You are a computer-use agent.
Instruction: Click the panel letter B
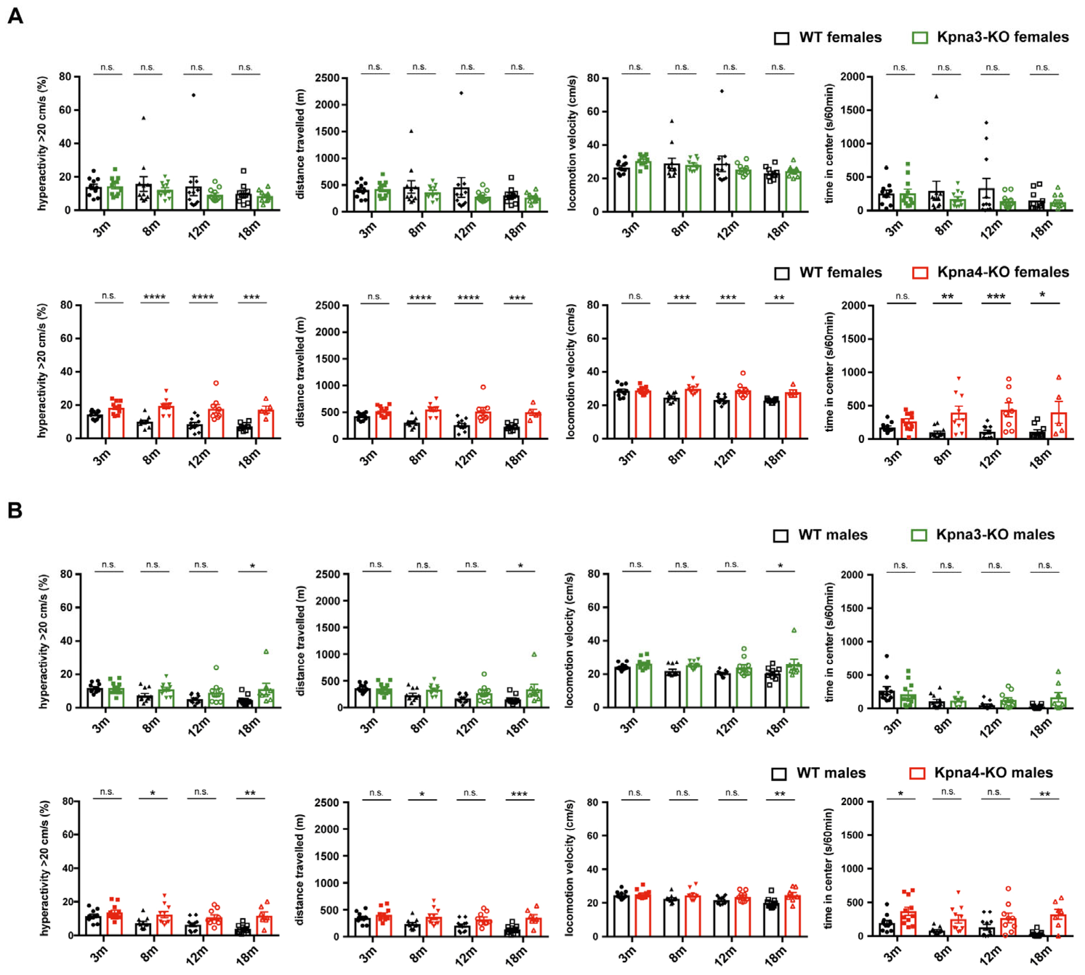[x=15, y=510]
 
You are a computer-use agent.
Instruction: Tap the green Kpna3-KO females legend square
[x=919, y=37]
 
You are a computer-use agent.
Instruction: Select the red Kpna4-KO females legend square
[x=919, y=273]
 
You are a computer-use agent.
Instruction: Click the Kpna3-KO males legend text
[x=995, y=535]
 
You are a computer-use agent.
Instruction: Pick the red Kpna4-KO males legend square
[x=918, y=773]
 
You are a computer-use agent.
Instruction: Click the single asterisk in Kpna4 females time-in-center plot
[x=1042, y=295]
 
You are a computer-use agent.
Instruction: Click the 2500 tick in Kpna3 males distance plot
[x=328, y=574]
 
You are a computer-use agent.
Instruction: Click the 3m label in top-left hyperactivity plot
[x=102, y=229]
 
